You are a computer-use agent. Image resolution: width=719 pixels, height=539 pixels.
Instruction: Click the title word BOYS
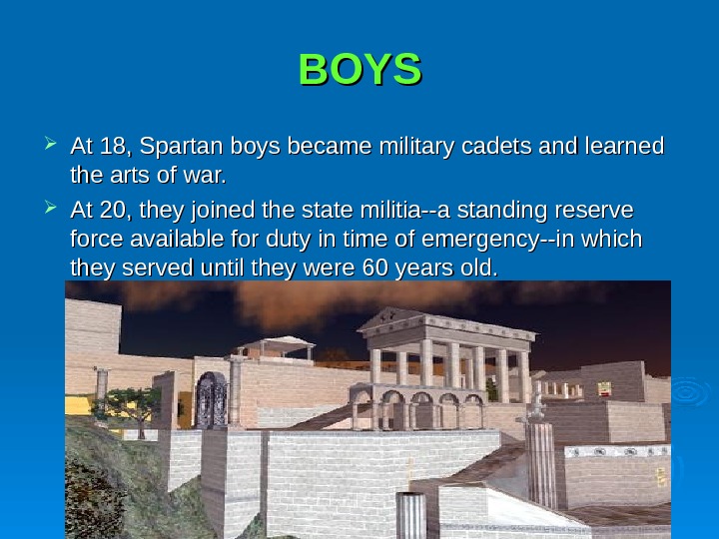click(360, 70)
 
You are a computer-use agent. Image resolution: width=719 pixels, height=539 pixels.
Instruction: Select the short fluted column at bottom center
click(410, 515)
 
